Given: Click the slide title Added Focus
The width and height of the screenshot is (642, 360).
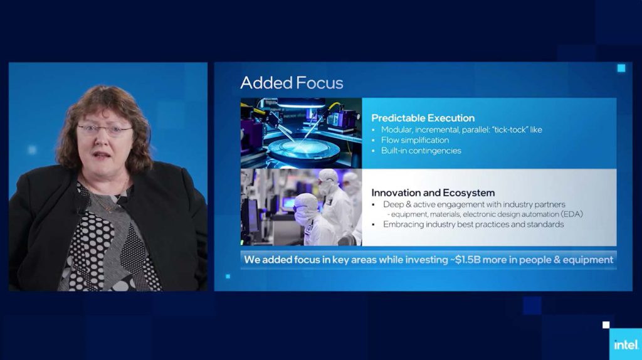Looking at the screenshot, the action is point(292,83).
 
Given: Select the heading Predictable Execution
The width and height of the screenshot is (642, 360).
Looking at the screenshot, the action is point(423,118).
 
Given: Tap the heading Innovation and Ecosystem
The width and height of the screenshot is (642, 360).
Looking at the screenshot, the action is point(433,193).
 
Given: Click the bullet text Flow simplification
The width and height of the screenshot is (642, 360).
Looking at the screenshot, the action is point(415,140).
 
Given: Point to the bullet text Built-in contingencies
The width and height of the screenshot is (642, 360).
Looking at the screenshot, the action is point(421,151).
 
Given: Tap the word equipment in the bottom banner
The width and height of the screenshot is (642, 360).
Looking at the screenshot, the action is point(588,260).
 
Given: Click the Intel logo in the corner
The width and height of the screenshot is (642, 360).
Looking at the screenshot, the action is point(626,345).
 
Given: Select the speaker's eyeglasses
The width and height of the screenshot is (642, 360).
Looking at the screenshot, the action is point(105,130).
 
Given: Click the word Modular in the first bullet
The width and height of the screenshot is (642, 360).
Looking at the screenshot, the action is point(396,129).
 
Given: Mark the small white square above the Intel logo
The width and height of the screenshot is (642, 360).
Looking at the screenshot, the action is point(606,325).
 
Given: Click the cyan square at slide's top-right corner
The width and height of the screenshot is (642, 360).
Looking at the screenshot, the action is point(621,68).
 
